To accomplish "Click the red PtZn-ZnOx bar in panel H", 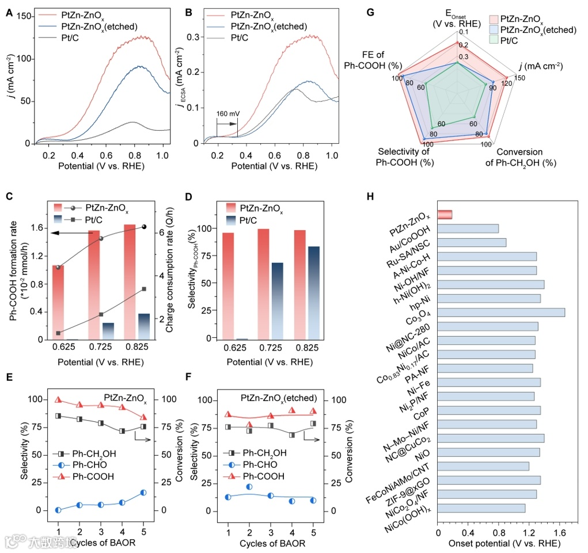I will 445,215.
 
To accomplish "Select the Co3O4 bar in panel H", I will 501,312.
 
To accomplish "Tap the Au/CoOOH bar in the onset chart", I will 468,228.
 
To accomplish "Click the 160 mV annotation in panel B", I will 227,113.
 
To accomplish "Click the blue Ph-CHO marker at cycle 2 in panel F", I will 249,487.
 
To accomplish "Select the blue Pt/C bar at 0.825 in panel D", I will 313,293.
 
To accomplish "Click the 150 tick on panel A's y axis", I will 22,16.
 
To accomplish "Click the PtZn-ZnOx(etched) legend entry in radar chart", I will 539,30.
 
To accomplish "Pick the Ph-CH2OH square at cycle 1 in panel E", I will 58,415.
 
